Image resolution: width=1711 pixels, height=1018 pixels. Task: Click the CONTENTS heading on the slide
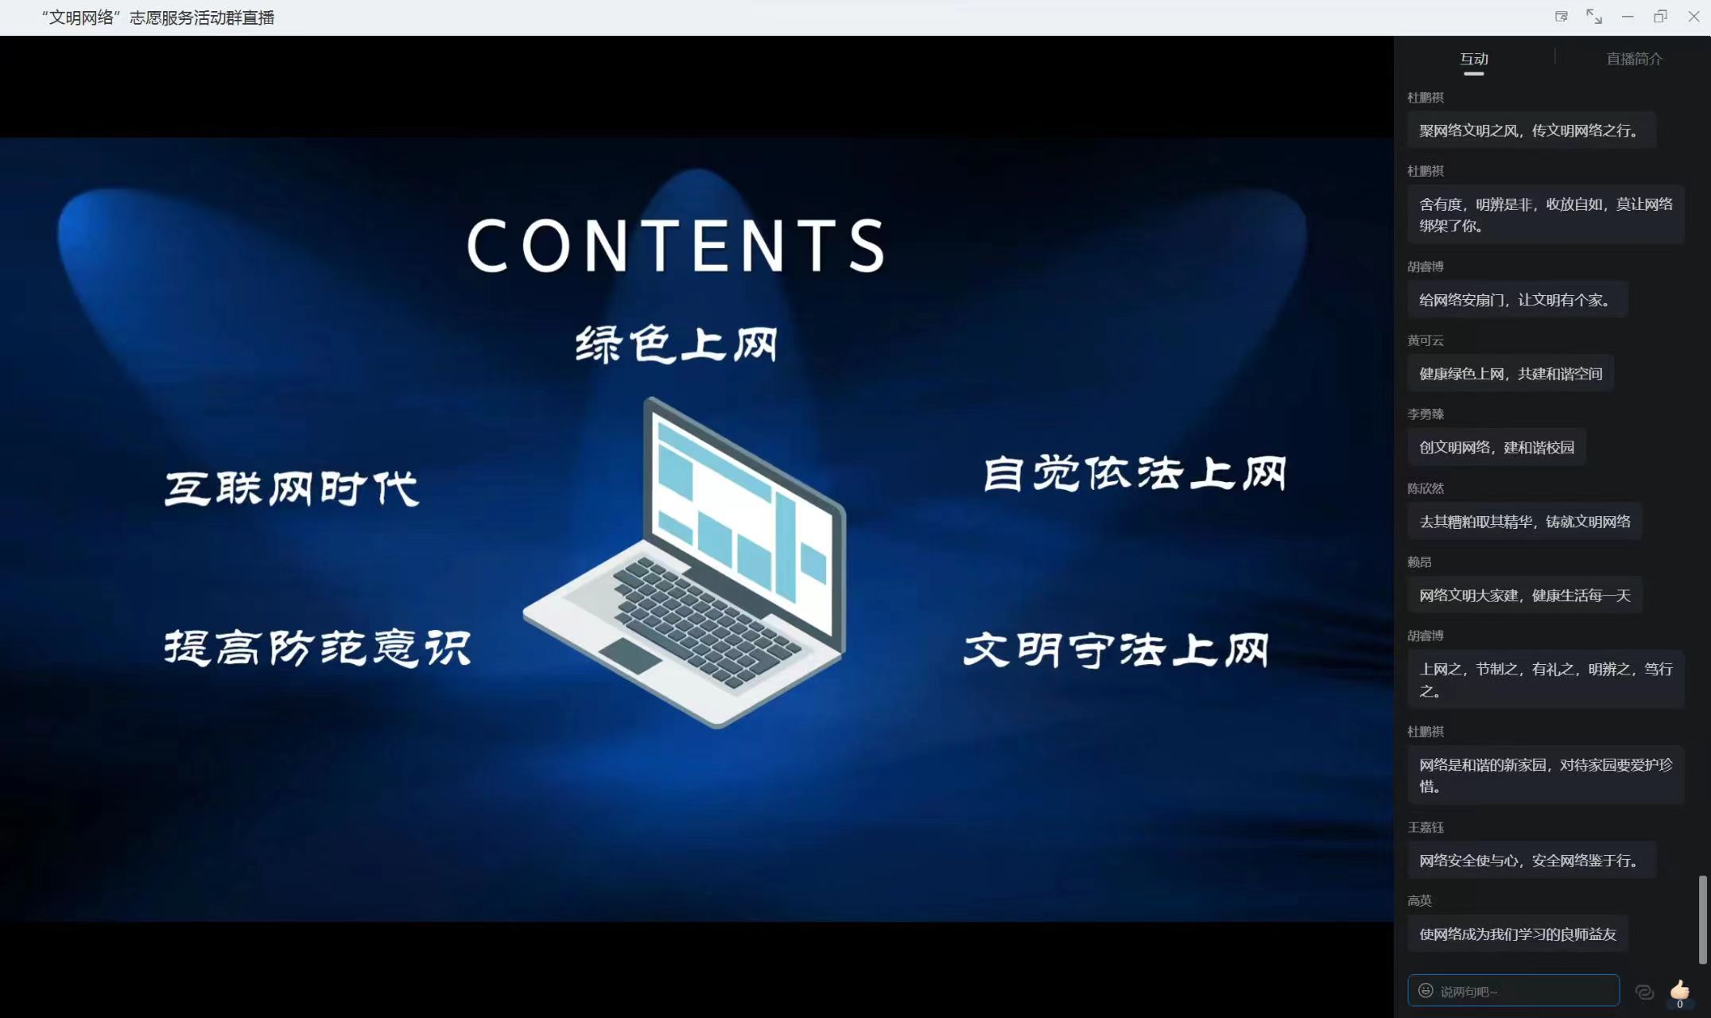point(677,246)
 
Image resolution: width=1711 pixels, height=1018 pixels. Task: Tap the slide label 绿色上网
point(677,345)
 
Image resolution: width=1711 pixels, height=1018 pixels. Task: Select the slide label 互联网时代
point(292,488)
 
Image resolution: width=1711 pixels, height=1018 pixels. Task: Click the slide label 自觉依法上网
point(1135,474)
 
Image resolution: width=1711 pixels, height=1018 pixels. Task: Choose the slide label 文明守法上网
point(1116,650)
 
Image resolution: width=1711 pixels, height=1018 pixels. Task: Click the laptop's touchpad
point(630,655)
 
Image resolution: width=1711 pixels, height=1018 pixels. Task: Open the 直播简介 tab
point(1634,59)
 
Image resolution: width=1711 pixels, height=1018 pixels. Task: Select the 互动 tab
point(1474,59)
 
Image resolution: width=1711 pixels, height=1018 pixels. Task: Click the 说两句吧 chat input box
point(1513,991)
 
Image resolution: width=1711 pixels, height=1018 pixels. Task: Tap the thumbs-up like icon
point(1679,990)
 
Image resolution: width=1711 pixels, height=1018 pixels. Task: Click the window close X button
point(1694,17)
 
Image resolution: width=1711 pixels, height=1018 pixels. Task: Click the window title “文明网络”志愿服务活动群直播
point(157,17)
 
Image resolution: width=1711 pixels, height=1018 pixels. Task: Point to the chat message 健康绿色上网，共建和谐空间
point(1511,374)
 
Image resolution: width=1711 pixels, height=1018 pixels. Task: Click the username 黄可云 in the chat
point(1425,340)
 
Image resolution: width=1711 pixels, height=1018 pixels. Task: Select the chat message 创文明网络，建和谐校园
point(1496,448)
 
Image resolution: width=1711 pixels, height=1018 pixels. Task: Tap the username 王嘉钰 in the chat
point(1425,827)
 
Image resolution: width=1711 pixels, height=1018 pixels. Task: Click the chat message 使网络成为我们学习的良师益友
point(1518,934)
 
